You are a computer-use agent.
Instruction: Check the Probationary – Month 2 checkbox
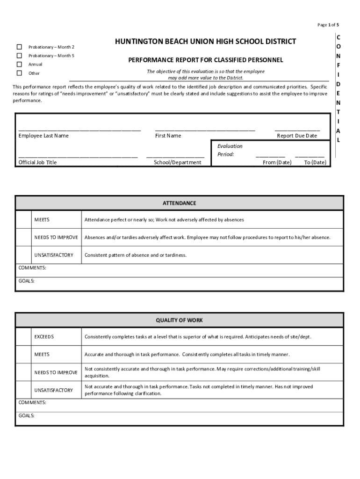(19, 47)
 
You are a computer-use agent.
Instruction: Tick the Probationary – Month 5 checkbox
(19, 56)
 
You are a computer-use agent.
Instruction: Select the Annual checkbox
(19, 64)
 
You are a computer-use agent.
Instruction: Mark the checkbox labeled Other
(19, 73)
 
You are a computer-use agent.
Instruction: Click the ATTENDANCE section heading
(180, 203)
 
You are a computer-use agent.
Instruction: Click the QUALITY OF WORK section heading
(180, 320)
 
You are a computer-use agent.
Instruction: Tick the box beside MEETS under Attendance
(23, 220)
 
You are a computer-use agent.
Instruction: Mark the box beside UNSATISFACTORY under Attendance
(23, 255)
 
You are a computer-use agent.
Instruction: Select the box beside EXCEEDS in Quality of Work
(23, 337)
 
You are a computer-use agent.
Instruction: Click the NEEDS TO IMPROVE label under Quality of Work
(56, 373)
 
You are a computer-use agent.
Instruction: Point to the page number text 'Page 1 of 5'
(328, 25)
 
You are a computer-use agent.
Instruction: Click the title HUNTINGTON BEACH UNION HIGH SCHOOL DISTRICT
(205, 42)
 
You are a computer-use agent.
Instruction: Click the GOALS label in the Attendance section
(26, 281)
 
